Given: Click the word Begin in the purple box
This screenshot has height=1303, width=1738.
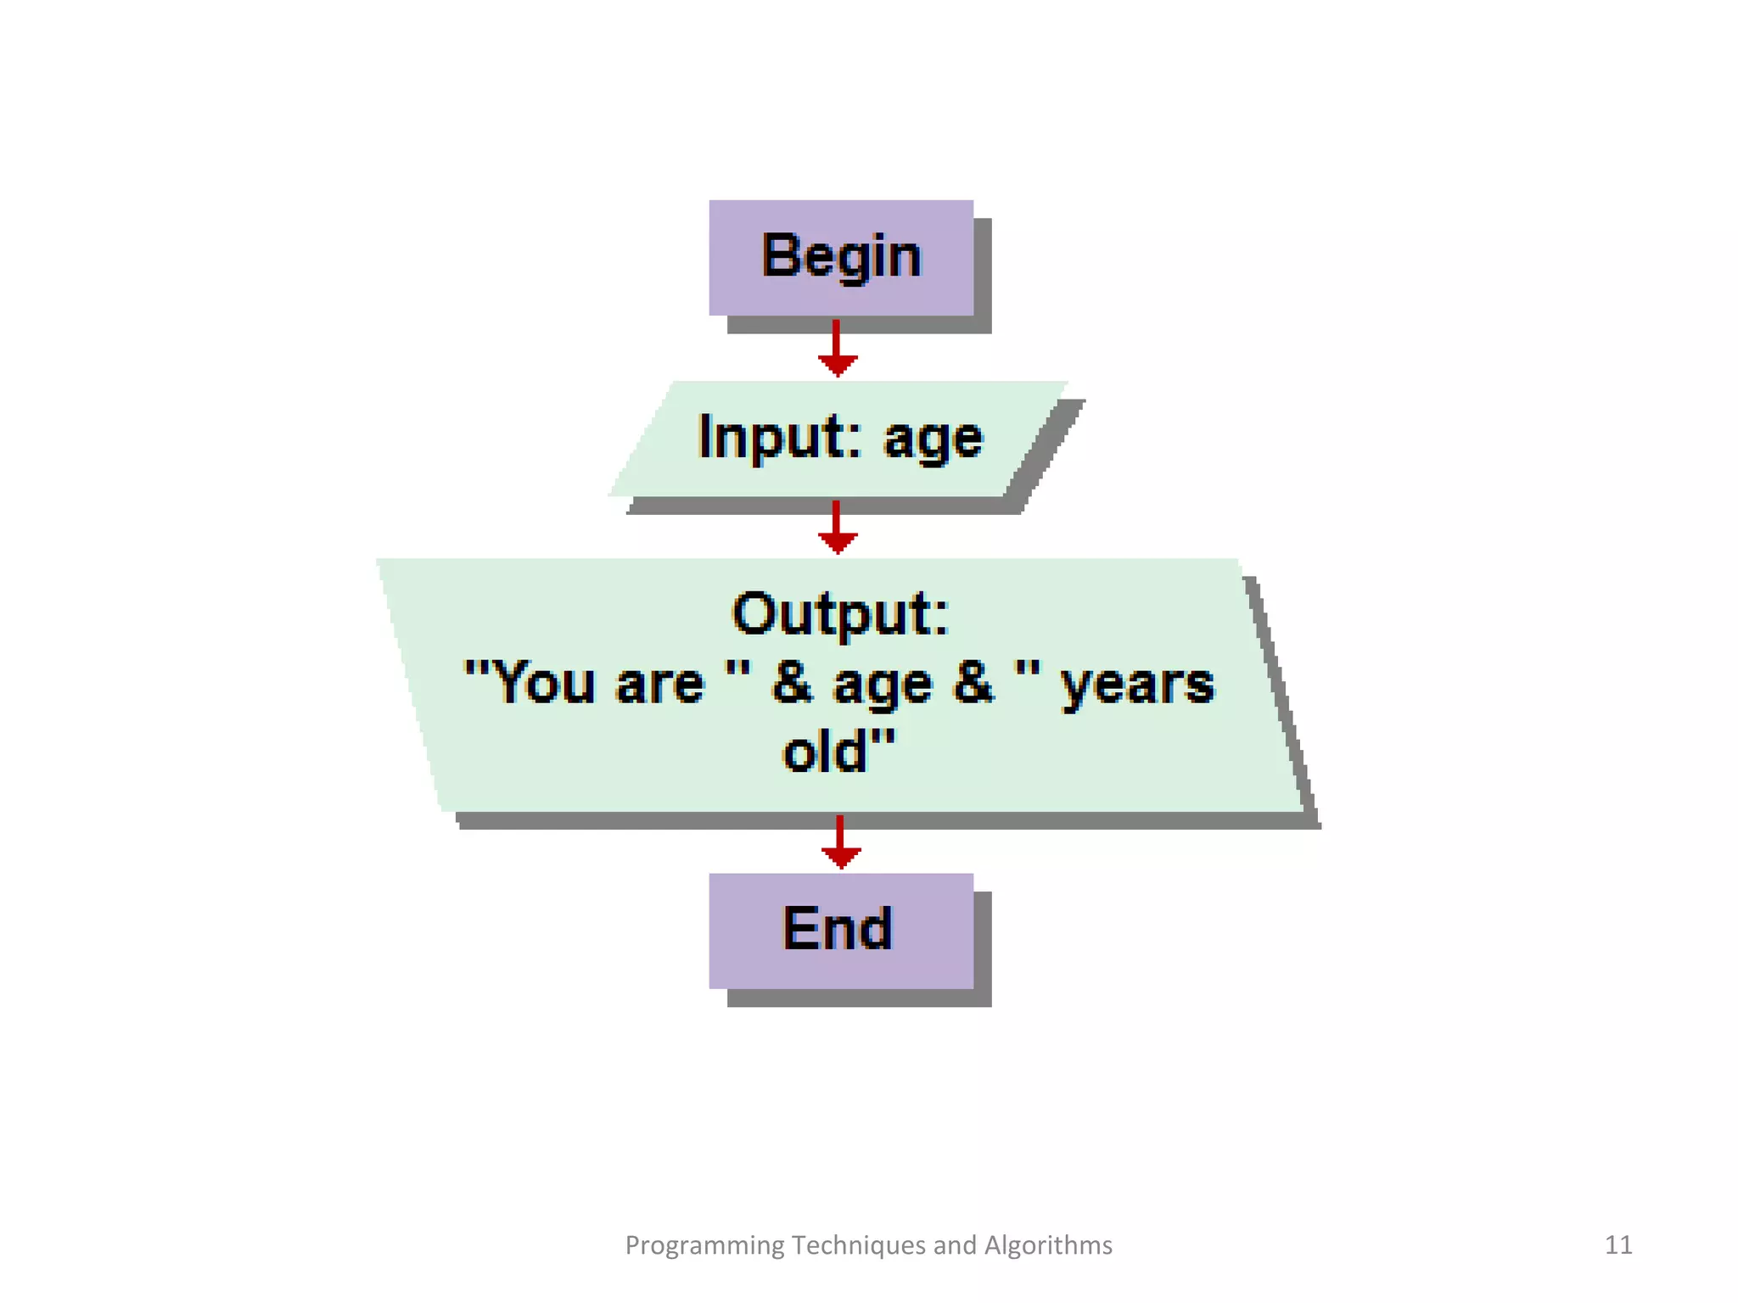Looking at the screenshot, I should [840, 256].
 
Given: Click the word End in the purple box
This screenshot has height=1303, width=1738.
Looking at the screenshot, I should [838, 929].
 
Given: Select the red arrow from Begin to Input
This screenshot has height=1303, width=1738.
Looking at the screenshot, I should [837, 349].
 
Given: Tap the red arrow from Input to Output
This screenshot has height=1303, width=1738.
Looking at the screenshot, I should [837, 528].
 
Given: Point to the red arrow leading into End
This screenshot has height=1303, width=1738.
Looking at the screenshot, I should [840, 842].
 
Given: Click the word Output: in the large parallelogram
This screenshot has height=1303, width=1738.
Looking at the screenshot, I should [840, 613].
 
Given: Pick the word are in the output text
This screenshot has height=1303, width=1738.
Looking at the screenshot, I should [659, 684].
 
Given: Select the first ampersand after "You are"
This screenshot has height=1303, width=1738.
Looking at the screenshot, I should [791, 683].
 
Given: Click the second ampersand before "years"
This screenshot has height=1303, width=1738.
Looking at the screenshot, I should [973, 683].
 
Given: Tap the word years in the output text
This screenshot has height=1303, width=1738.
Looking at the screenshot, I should [1138, 685].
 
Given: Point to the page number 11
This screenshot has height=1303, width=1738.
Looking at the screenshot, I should [1617, 1244].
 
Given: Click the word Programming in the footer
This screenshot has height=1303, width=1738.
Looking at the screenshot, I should [704, 1245].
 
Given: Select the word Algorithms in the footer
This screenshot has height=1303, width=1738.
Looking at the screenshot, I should [1048, 1244].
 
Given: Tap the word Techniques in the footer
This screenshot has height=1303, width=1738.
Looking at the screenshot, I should [858, 1244].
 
